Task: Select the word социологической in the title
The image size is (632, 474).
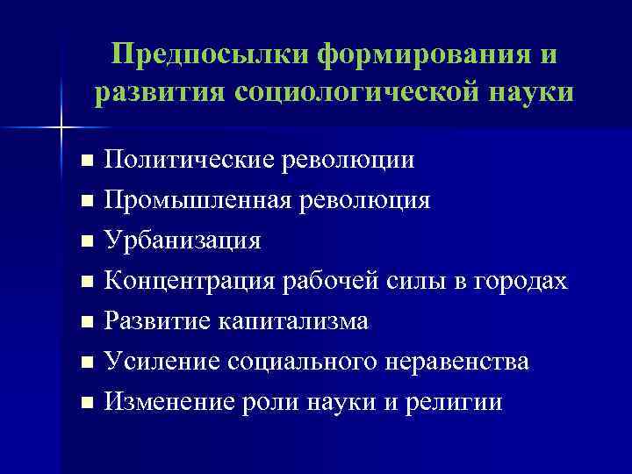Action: click(x=366, y=91)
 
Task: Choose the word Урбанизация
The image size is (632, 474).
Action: click(x=182, y=240)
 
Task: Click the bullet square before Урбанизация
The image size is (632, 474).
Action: click(x=85, y=241)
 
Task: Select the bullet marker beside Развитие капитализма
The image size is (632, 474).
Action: click(x=85, y=322)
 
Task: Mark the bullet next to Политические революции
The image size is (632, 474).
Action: click(x=85, y=162)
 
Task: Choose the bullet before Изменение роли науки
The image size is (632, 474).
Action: click(x=85, y=403)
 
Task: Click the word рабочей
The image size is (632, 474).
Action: click(x=331, y=281)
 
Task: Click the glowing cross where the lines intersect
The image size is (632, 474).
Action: click(x=61, y=128)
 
